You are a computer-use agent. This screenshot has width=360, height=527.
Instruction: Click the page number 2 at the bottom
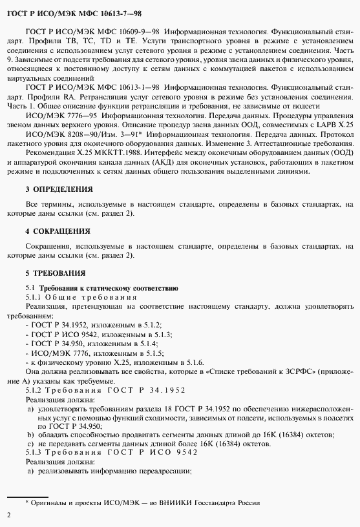[8, 515]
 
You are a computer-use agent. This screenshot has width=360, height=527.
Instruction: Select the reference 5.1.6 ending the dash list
[195, 364]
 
